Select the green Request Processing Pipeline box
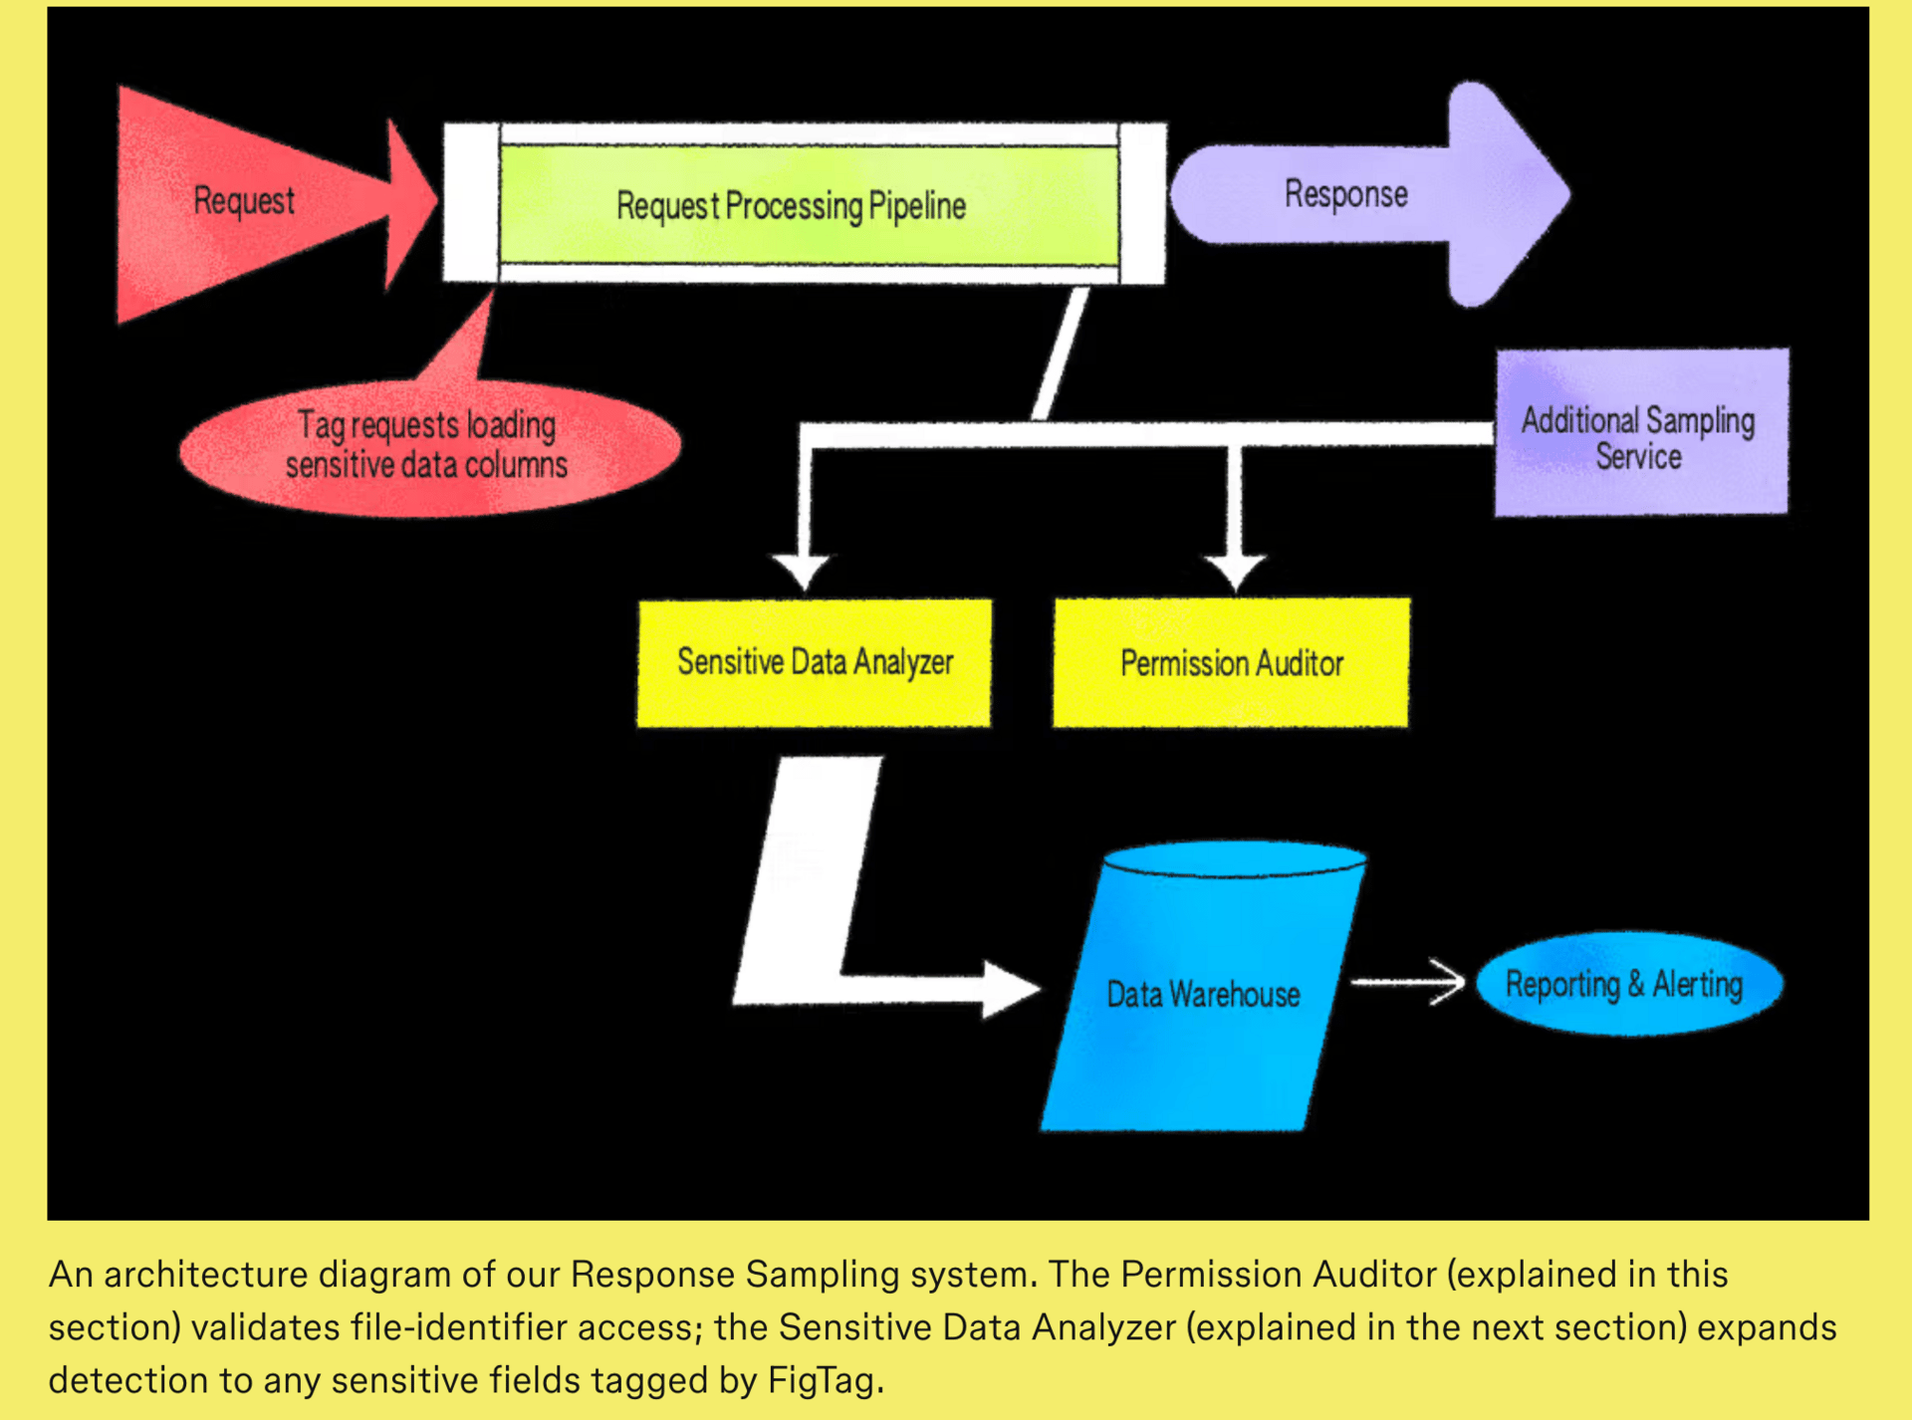[807, 205]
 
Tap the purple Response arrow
[1364, 194]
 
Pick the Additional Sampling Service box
[1641, 433]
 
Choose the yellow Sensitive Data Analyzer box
[814, 662]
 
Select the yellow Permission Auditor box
[1231, 663]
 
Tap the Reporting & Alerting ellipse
[1627, 984]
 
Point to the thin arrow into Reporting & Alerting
[1408, 983]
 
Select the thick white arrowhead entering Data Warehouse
[1008, 989]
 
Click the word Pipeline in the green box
[917, 206]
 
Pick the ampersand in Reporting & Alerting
[1636, 984]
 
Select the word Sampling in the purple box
[1700, 420]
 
